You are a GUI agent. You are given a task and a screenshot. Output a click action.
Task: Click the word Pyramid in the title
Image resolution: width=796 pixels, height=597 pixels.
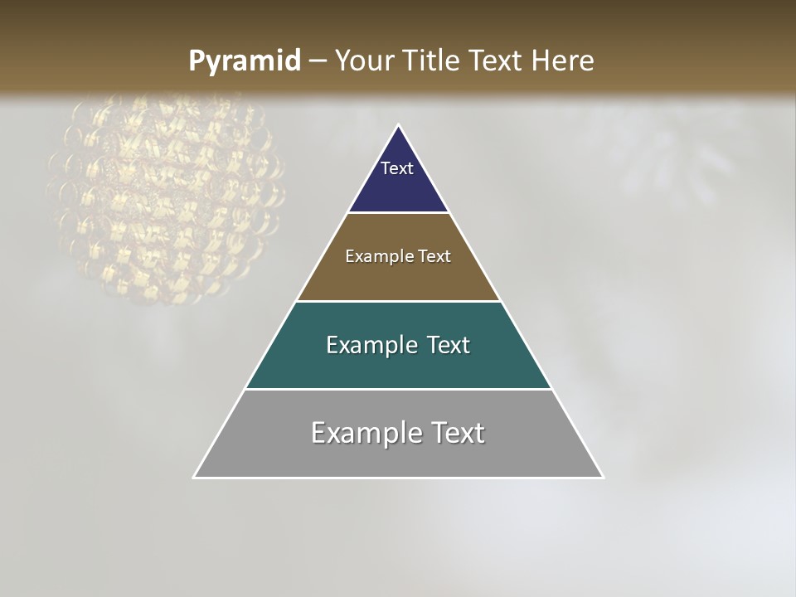pyautogui.click(x=244, y=61)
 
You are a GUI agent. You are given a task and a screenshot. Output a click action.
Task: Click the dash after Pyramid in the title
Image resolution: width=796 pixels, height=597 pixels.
pyautogui.click(x=318, y=61)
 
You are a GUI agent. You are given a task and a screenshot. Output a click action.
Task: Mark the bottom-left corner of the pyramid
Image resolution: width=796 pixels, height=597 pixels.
pyautogui.click(x=194, y=477)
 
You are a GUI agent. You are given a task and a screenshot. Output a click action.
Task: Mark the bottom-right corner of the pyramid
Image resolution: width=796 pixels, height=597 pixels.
pyautogui.click(x=603, y=477)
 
